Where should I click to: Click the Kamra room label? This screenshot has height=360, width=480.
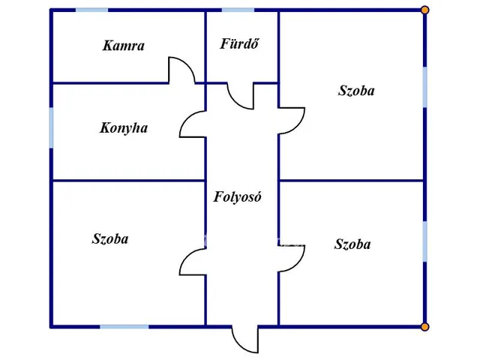(x=123, y=46)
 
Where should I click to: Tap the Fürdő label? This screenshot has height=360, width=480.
(x=239, y=43)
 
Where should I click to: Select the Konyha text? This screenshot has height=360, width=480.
(x=124, y=128)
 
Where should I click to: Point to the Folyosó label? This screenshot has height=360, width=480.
(x=237, y=196)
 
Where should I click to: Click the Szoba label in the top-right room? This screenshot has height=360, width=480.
(x=356, y=91)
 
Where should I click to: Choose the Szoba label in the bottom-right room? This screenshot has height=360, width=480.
(x=352, y=244)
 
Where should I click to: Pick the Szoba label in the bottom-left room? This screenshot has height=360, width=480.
(x=110, y=239)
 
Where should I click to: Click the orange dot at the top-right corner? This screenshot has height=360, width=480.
(x=424, y=10)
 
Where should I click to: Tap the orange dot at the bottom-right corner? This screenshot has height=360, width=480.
(x=424, y=327)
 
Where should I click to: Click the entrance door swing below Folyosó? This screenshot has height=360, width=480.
(x=240, y=346)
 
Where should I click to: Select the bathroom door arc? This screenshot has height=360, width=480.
(x=235, y=102)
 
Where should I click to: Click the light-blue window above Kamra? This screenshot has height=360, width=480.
(x=91, y=10)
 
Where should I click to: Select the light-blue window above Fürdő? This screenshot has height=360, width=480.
(x=238, y=10)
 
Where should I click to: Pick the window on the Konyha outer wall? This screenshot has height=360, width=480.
(x=51, y=127)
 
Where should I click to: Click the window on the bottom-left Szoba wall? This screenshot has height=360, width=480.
(x=124, y=327)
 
